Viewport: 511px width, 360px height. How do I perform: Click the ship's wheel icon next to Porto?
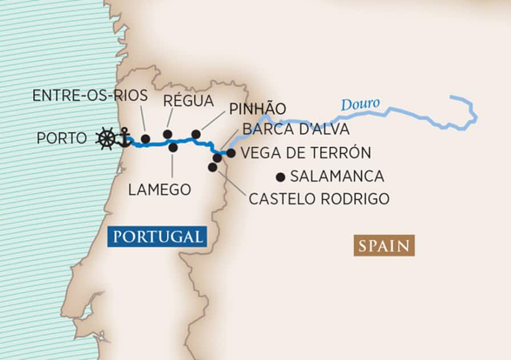pos(106,139)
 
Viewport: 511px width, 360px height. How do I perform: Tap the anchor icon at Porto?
pos(123,138)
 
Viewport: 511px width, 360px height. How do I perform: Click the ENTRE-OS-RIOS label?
pos(90,95)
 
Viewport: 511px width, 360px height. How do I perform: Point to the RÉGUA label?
pos(188,102)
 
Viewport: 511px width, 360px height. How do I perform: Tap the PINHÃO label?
pos(258,109)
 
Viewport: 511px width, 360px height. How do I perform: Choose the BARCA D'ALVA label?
pos(296,129)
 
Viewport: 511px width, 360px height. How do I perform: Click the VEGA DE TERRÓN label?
pos(306,153)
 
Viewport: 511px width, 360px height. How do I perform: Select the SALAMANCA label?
pos(337,176)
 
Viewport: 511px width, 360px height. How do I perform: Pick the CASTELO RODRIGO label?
pos(319,199)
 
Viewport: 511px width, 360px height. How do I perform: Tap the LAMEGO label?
pos(159,189)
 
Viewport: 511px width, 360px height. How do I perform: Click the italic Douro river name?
pos(360,105)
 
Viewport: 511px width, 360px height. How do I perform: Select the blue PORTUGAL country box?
pos(157,236)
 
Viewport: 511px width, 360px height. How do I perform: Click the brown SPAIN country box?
pos(384,246)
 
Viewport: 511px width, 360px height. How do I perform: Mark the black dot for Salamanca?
pos(280,177)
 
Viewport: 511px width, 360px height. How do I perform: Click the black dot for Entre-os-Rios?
pos(145,139)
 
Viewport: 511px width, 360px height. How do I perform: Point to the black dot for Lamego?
pos(173,147)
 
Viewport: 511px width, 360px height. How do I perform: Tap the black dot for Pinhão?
pos(196,134)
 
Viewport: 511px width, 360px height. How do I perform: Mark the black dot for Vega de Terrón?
pos(231,153)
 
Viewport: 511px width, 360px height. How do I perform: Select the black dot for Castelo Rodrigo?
pos(212,167)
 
